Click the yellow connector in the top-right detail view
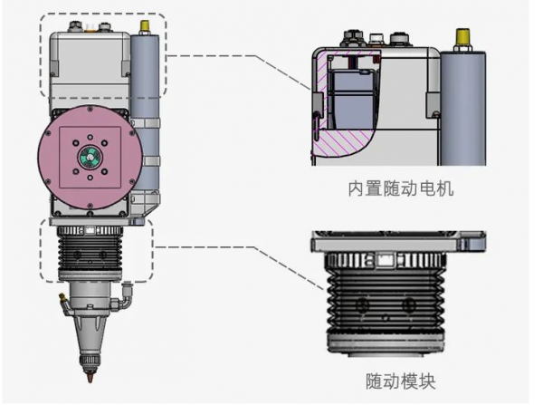(x=462, y=40)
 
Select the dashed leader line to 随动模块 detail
(x=235, y=246)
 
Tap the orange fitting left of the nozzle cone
(x=58, y=295)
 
